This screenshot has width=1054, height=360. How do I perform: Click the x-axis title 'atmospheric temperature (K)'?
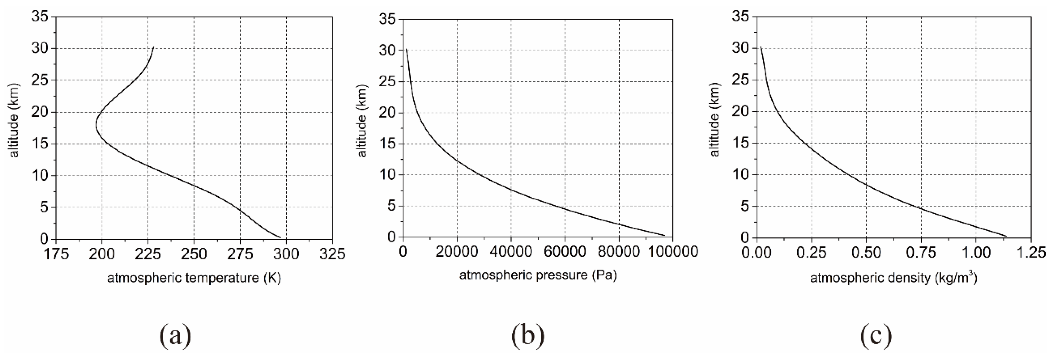194,278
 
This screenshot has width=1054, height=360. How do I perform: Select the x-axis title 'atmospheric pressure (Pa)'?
538,275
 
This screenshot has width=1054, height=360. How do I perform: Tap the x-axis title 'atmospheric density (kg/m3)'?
893,278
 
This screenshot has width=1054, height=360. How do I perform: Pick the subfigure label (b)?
528,335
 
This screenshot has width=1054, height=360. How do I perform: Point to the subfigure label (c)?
876,335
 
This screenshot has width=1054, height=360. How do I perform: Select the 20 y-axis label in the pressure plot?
387,112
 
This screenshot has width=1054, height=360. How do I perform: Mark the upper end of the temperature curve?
153,47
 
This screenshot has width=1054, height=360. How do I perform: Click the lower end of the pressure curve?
664,235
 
